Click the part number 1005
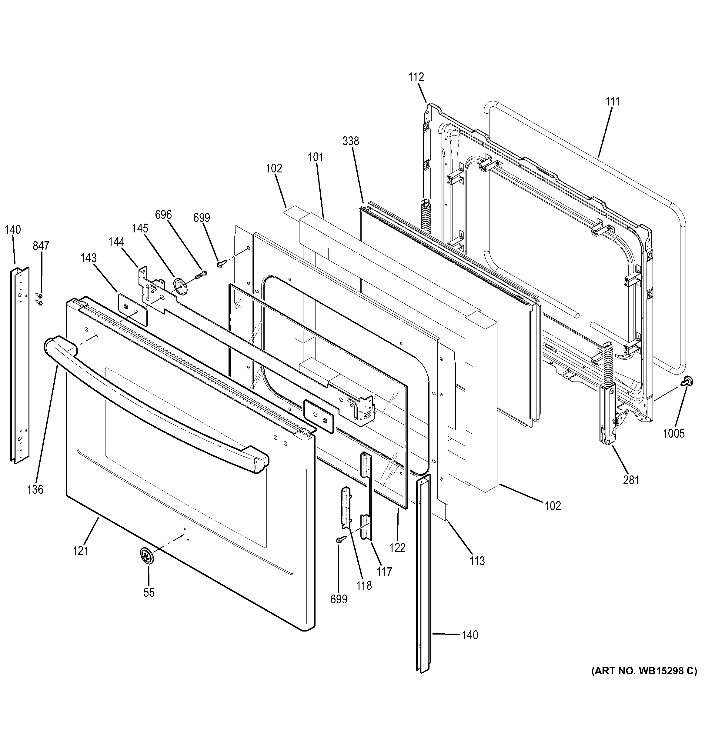(x=674, y=433)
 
